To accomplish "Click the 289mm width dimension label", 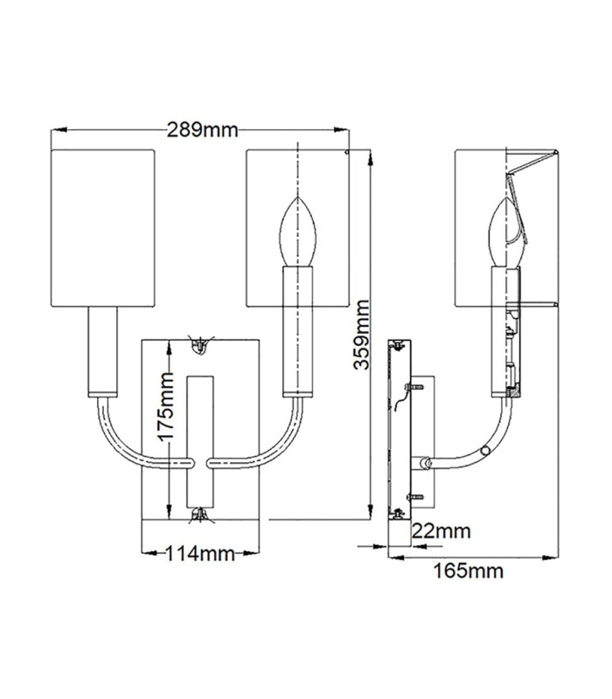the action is coord(203,129).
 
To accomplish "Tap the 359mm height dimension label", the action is coord(362,335).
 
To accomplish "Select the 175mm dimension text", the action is coord(167,407).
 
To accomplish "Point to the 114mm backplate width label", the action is coord(200,554).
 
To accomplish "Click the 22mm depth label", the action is coord(442,531).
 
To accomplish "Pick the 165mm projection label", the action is coord(469,571).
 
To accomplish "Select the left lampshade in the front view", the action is coord(103,228).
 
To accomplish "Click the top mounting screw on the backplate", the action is coord(201,343).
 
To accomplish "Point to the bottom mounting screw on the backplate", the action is coord(200,515).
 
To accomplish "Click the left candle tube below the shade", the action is coord(102,352).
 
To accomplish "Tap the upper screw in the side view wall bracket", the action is coord(413,387).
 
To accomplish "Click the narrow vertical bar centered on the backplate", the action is coord(200,442).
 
